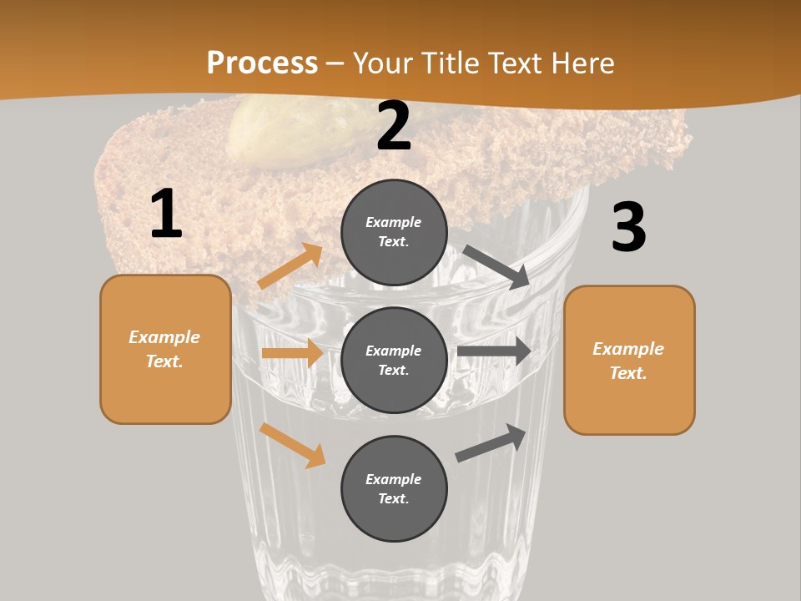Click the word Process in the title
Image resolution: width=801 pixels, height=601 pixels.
(x=262, y=63)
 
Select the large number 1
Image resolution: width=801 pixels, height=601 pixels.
(x=166, y=215)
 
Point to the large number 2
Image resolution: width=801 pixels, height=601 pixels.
(x=394, y=127)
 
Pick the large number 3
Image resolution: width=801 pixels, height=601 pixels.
(x=629, y=228)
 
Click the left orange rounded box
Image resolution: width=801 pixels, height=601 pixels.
(x=165, y=349)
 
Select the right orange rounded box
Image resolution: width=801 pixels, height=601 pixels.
(x=629, y=361)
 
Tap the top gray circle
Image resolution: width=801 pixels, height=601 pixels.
(x=394, y=232)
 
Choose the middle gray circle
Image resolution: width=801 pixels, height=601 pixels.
(x=394, y=361)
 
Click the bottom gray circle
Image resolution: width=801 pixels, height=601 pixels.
(x=394, y=489)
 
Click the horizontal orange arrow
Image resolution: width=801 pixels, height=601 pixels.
(x=292, y=353)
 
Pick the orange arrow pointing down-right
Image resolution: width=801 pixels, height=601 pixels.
(x=292, y=445)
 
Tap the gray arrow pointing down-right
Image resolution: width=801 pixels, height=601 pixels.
(x=496, y=267)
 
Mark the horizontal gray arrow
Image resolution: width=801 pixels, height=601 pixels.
(x=494, y=351)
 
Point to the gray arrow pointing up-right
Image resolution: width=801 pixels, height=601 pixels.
(x=491, y=443)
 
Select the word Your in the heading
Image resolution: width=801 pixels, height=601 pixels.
(x=383, y=63)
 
